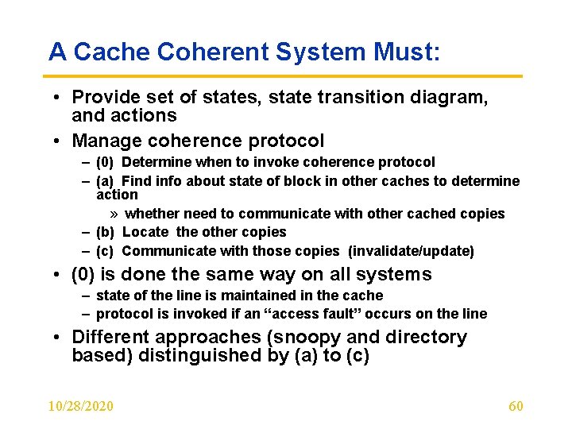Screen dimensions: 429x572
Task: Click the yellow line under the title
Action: coord(286,76)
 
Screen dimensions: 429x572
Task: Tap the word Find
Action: coord(138,181)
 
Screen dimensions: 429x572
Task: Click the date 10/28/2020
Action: coord(80,407)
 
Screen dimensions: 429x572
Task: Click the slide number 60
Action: coord(516,407)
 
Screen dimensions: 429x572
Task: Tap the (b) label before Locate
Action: coord(106,232)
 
